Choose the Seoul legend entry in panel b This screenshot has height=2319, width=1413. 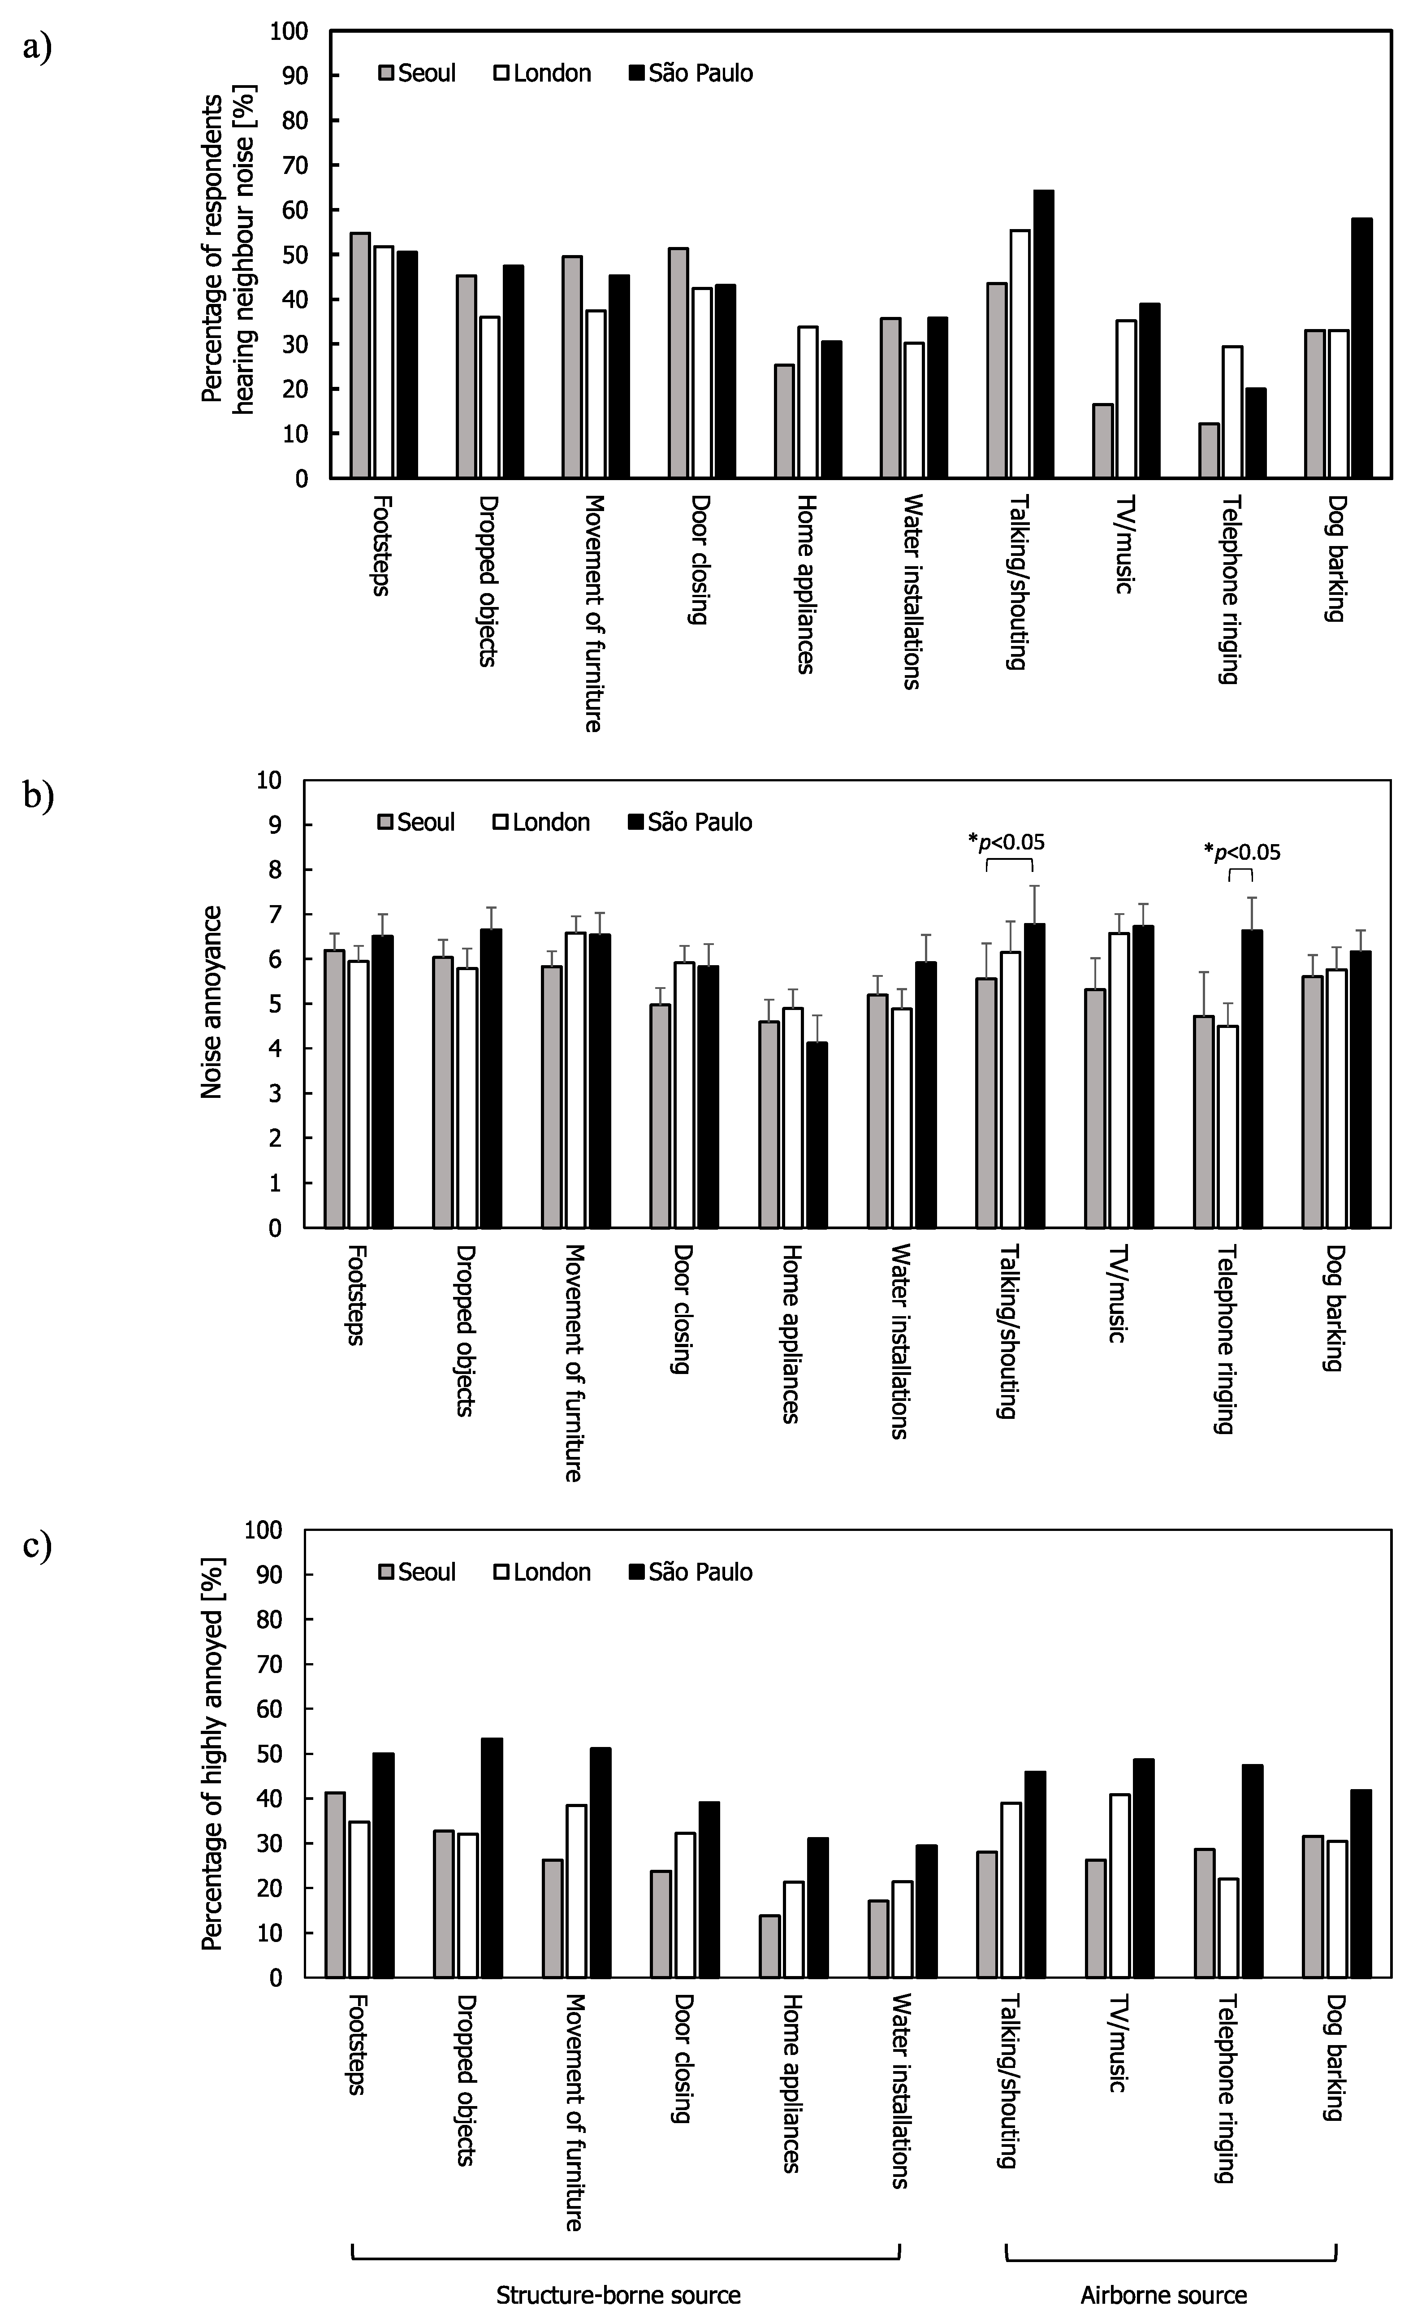coord(417,823)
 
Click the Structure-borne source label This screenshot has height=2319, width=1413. coord(618,2296)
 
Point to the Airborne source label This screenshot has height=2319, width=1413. coord(1164,2296)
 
